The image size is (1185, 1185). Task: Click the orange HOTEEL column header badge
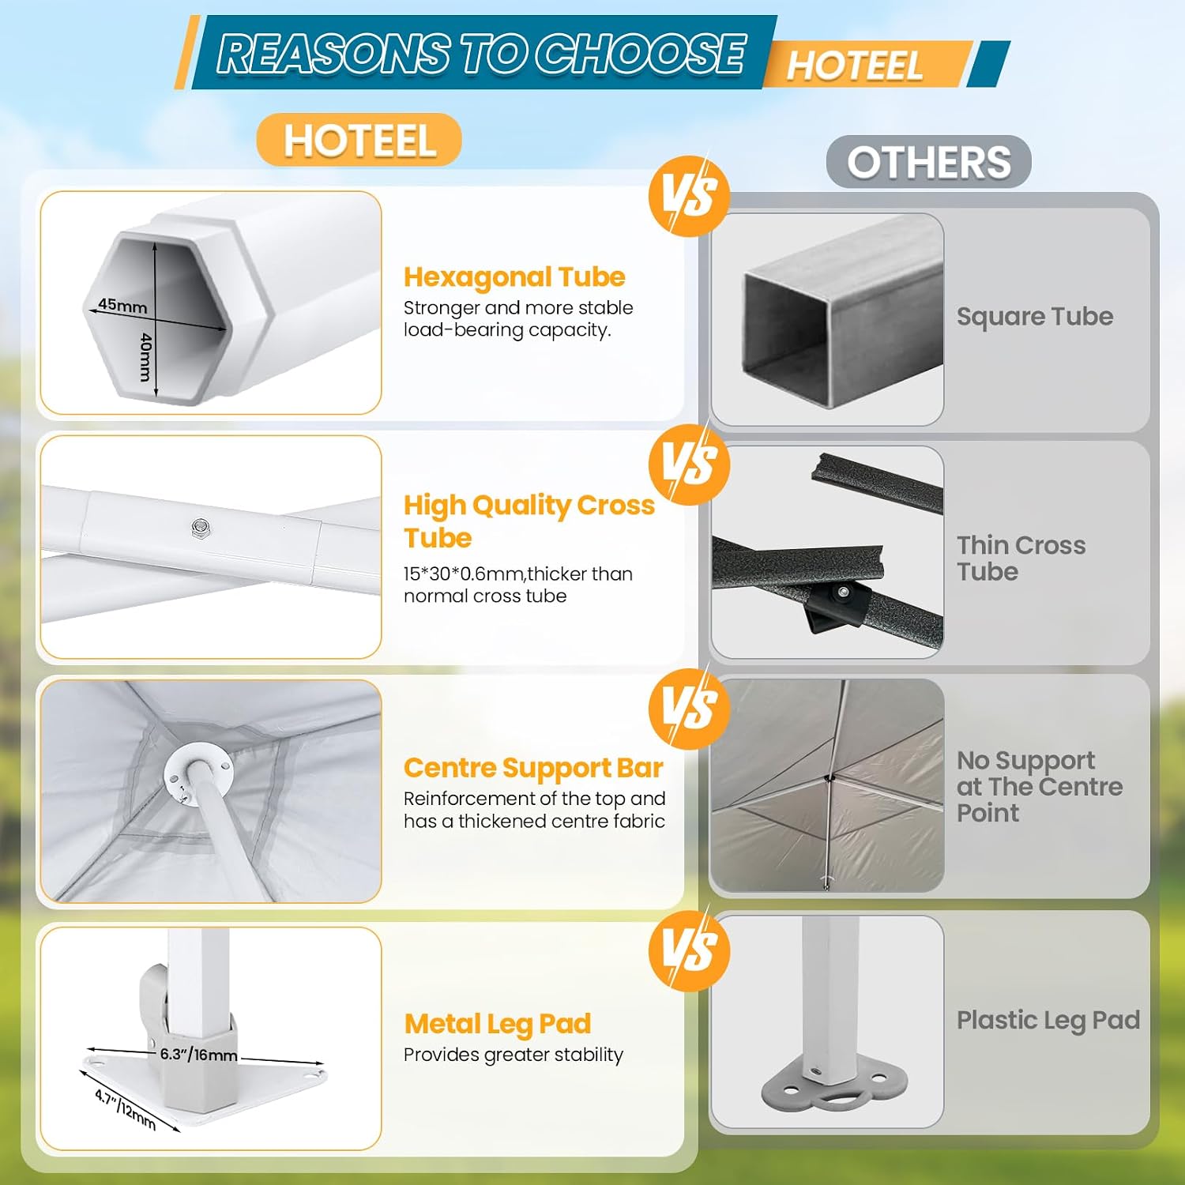pyautogui.click(x=359, y=140)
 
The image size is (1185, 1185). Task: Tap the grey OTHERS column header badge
pyautogui.click(x=929, y=162)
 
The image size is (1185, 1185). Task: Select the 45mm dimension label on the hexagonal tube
pyautogui.click(x=122, y=304)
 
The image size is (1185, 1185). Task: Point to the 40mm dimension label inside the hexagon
pyautogui.click(x=145, y=356)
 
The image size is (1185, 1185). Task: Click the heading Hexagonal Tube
pyautogui.click(x=514, y=277)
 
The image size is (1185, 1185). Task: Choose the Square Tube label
pyautogui.click(x=1035, y=317)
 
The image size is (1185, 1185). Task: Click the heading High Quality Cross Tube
pyautogui.click(x=529, y=521)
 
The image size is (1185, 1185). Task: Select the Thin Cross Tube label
pyautogui.click(x=1021, y=558)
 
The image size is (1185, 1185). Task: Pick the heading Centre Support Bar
pyautogui.click(x=533, y=768)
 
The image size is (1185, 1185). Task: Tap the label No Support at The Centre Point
pyautogui.click(x=1040, y=787)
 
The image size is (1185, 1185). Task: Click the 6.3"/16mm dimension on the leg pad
pyautogui.click(x=198, y=1055)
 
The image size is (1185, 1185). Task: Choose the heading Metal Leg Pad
pyautogui.click(x=498, y=1024)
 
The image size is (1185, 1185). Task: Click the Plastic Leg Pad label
pyautogui.click(x=1048, y=1021)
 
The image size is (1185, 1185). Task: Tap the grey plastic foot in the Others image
pyautogui.click(x=834, y=1087)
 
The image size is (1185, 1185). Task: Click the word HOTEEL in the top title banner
pyautogui.click(x=855, y=65)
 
